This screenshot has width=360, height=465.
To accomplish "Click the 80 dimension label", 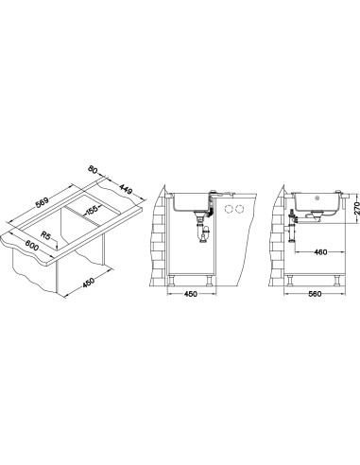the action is tap(92, 169).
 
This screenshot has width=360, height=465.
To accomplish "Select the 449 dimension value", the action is tap(126, 189).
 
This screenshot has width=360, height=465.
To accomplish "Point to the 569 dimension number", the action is tap(42, 202).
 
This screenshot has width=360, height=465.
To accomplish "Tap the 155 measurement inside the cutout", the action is tap(92, 209).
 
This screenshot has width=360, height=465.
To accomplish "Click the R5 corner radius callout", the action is tap(45, 235).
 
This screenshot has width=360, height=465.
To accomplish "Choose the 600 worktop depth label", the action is tap(32, 246).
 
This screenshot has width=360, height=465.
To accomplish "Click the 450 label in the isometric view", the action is tap(89, 283).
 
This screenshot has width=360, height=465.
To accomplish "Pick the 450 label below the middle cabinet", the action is tap(191, 294).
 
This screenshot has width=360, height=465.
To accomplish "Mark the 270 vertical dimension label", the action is tap(356, 208).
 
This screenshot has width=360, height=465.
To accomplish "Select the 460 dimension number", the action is tap(320, 252).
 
